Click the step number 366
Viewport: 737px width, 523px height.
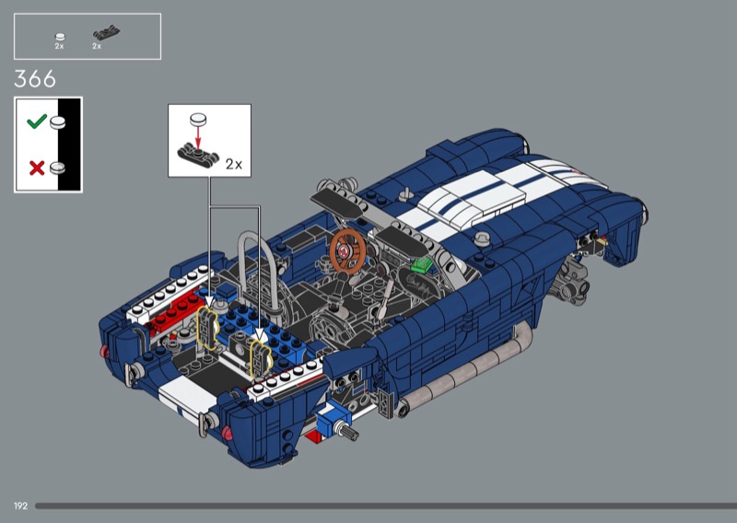tap(35, 78)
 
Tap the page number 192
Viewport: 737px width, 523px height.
tap(20, 506)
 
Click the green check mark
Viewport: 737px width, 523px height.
tap(37, 122)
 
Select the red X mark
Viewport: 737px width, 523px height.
tap(37, 168)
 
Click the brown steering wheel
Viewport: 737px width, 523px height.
tap(347, 251)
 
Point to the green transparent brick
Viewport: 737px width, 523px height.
tap(422, 264)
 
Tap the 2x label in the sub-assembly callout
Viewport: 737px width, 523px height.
tap(234, 164)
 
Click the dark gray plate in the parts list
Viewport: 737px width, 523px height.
tap(106, 33)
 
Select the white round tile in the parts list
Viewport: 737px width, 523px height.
tap(60, 37)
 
